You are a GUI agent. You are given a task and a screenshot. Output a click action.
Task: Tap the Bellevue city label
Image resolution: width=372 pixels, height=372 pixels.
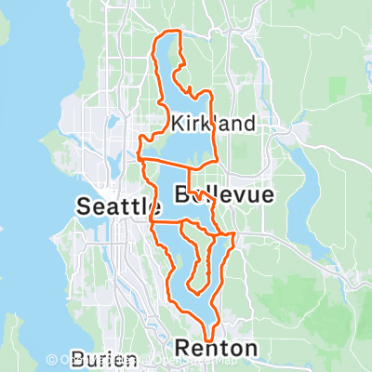pyautogui.click(x=224, y=194)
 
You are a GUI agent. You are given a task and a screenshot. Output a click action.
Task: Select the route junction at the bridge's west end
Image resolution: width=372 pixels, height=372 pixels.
pyautogui.click(x=140, y=159)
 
